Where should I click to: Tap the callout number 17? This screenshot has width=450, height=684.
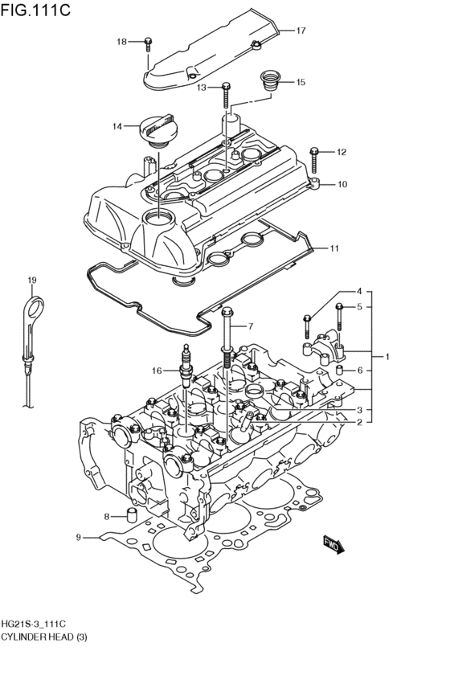tap(301, 31)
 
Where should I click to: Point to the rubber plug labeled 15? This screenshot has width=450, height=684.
tap(268, 81)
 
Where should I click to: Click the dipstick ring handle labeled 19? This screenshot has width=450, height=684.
tap(31, 309)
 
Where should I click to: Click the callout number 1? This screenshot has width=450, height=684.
tap(387, 356)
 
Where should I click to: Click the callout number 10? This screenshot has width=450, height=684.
tap(342, 184)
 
